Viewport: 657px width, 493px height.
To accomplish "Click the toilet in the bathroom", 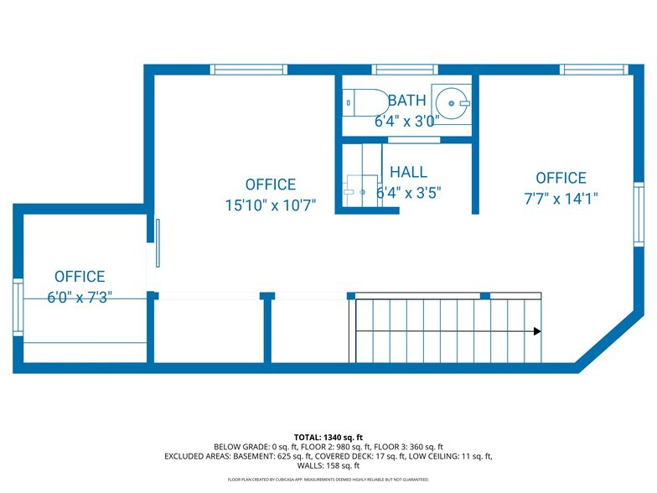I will (x=364, y=103).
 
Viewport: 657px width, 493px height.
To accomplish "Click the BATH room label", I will (x=406, y=101).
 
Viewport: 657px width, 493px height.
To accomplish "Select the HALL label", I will (x=408, y=172).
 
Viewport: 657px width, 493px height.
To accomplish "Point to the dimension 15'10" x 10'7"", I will (x=270, y=205).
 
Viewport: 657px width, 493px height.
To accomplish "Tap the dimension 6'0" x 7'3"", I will (x=80, y=297).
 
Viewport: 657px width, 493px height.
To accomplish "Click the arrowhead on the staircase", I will (x=536, y=331).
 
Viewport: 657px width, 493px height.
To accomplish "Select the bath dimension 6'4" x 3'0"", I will (x=406, y=121).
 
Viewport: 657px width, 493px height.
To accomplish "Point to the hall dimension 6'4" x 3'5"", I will (x=408, y=192).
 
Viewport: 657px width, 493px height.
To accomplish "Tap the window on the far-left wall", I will (x=18, y=308).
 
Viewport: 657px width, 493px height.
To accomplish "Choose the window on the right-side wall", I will (x=638, y=214).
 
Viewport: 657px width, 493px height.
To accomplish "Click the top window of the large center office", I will (x=237, y=70).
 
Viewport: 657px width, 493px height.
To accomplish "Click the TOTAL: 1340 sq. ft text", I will (x=328, y=437).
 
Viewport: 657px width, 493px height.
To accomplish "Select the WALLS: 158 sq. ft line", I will (x=328, y=465).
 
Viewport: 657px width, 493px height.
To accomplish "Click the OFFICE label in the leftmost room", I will (x=80, y=277).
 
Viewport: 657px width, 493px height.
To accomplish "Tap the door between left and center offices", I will (x=157, y=242).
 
